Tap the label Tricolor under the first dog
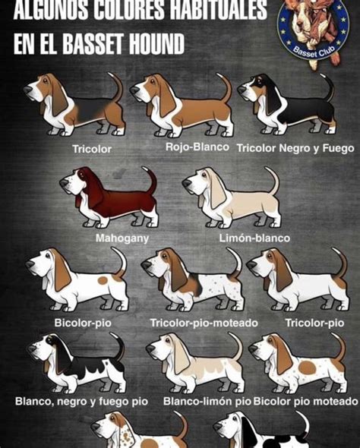tap(91, 149)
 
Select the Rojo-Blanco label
tap(197, 147)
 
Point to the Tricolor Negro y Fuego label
tap(295, 147)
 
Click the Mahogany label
tap(122, 238)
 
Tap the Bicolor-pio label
tap(84, 323)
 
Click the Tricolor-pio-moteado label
tap(204, 323)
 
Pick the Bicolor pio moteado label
tap(305, 400)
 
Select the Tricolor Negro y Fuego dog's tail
tap(328, 87)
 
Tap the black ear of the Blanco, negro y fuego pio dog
tap(60, 353)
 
